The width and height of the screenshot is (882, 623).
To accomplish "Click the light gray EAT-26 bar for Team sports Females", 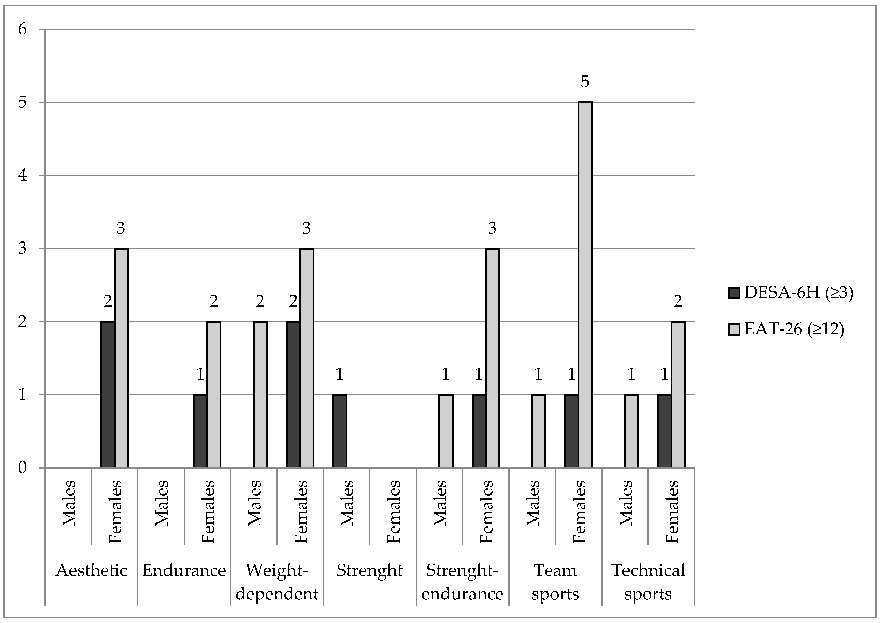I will pos(585,285).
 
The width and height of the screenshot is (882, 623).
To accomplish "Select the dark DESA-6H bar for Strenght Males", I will pos(340,431).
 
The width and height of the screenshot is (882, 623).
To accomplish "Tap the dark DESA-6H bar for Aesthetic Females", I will pos(108,395).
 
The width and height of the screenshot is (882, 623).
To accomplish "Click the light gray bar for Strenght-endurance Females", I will pos(492,358).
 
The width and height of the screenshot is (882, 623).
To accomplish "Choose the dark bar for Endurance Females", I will pos(200,431).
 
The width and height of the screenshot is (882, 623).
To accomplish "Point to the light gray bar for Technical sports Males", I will pos(631,431).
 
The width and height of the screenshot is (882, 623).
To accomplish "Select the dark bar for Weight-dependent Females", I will pos(293,395).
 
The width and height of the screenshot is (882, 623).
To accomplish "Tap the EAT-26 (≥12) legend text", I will pos(794,329).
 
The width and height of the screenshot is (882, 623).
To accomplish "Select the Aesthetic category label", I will pos(91,571).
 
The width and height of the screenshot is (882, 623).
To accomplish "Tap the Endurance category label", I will pos(184,571).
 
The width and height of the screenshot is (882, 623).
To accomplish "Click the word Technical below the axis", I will pos(648,571).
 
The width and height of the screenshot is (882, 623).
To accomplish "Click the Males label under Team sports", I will pos(533,503).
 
